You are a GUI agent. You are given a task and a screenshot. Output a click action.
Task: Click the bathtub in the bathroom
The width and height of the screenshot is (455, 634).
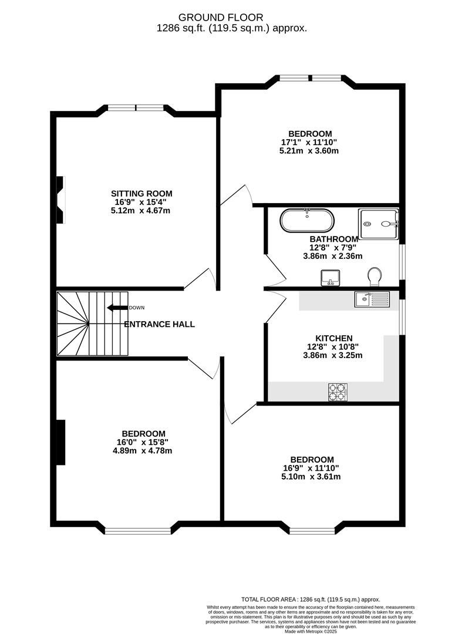pyautogui.click(x=307, y=220)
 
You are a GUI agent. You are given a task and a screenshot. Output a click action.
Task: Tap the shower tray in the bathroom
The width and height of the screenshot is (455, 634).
pyautogui.click(x=379, y=224)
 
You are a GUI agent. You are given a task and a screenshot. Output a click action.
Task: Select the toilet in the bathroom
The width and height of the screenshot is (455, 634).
pyautogui.click(x=375, y=277)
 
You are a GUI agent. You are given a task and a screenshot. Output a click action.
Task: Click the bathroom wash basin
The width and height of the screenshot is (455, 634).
pyautogui.click(x=331, y=278)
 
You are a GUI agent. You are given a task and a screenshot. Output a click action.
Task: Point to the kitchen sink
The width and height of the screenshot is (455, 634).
pyautogui.click(x=372, y=299)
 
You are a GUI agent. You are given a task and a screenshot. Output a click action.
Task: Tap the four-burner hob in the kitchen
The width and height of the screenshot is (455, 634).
pyautogui.click(x=338, y=392)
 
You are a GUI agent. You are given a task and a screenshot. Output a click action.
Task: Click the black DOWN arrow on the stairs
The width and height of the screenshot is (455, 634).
pyautogui.click(x=117, y=308)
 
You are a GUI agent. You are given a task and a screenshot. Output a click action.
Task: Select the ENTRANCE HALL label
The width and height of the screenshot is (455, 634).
pyautogui.click(x=159, y=324)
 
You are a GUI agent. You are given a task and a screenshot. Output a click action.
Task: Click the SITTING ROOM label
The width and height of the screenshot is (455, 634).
pyautogui.click(x=141, y=194)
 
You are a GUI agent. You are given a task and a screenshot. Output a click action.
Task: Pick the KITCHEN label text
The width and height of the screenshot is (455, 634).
pyautogui.click(x=334, y=339)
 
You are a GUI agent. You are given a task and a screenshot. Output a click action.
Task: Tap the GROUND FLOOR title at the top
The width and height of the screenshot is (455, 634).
pyautogui.click(x=221, y=18)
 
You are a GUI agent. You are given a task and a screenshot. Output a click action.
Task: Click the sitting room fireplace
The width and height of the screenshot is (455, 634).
pyautogui.click(x=60, y=200)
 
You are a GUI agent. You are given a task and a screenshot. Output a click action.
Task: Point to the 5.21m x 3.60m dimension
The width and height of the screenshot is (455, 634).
pyautogui.click(x=309, y=151)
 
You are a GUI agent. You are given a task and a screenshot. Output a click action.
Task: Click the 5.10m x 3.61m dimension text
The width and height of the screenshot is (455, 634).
pyautogui.click(x=311, y=477)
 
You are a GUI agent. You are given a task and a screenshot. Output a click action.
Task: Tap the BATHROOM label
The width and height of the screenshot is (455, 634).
pyautogui.click(x=334, y=239)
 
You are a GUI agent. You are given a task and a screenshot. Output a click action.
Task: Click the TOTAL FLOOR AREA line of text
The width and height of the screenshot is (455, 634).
pyautogui.click(x=311, y=599)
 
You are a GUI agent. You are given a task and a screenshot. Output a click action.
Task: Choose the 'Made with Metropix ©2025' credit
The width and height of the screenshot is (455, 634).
pyautogui.click(x=311, y=631)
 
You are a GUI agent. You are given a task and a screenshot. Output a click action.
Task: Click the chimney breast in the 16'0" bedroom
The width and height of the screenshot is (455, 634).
pyautogui.click(x=60, y=443)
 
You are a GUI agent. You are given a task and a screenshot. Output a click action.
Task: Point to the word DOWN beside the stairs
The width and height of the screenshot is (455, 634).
pyautogui.click(x=137, y=308)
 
